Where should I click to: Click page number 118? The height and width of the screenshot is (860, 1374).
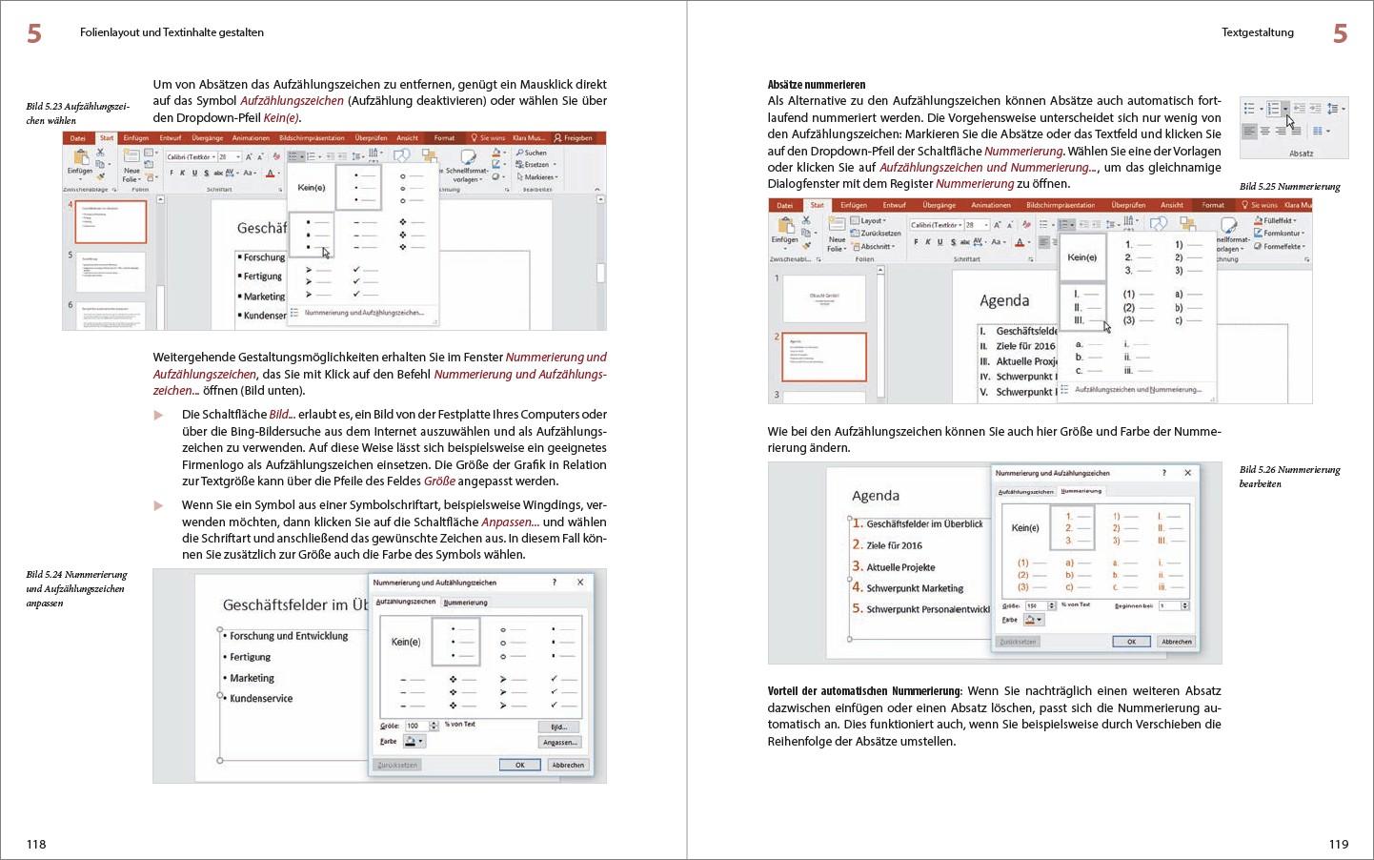pos(36,844)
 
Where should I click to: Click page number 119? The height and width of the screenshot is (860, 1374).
pos(1338,844)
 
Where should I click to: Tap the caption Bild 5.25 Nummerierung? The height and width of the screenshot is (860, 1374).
pos(1289,187)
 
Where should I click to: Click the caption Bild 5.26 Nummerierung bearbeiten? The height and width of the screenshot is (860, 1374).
pos(1289,477)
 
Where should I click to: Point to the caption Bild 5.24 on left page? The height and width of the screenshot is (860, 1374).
pos(76,588)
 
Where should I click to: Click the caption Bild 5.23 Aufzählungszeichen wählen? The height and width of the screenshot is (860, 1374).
pos(77,113)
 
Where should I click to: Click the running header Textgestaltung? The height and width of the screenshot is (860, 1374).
pos(1257,32)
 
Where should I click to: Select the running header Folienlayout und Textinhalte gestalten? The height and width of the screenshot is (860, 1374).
pos(172,32)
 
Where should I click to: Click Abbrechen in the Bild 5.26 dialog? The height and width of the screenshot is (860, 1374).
pos(1176,642)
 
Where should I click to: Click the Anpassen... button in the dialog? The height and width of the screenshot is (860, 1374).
pos(559,742)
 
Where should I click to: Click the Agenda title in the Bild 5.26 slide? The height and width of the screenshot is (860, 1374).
pos(875,496)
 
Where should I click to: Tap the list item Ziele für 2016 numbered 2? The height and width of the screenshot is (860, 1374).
pos(894,545)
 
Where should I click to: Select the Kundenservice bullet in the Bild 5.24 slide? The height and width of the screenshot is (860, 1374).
pos(260,699)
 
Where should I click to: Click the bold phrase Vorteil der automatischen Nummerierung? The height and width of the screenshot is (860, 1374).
pos(865,691)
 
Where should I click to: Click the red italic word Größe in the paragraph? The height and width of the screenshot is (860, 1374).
pos(439,481)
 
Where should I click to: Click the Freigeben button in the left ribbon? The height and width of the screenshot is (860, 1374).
pos(574,138)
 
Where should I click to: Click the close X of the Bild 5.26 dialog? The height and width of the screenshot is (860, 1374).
pos(1187,473)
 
